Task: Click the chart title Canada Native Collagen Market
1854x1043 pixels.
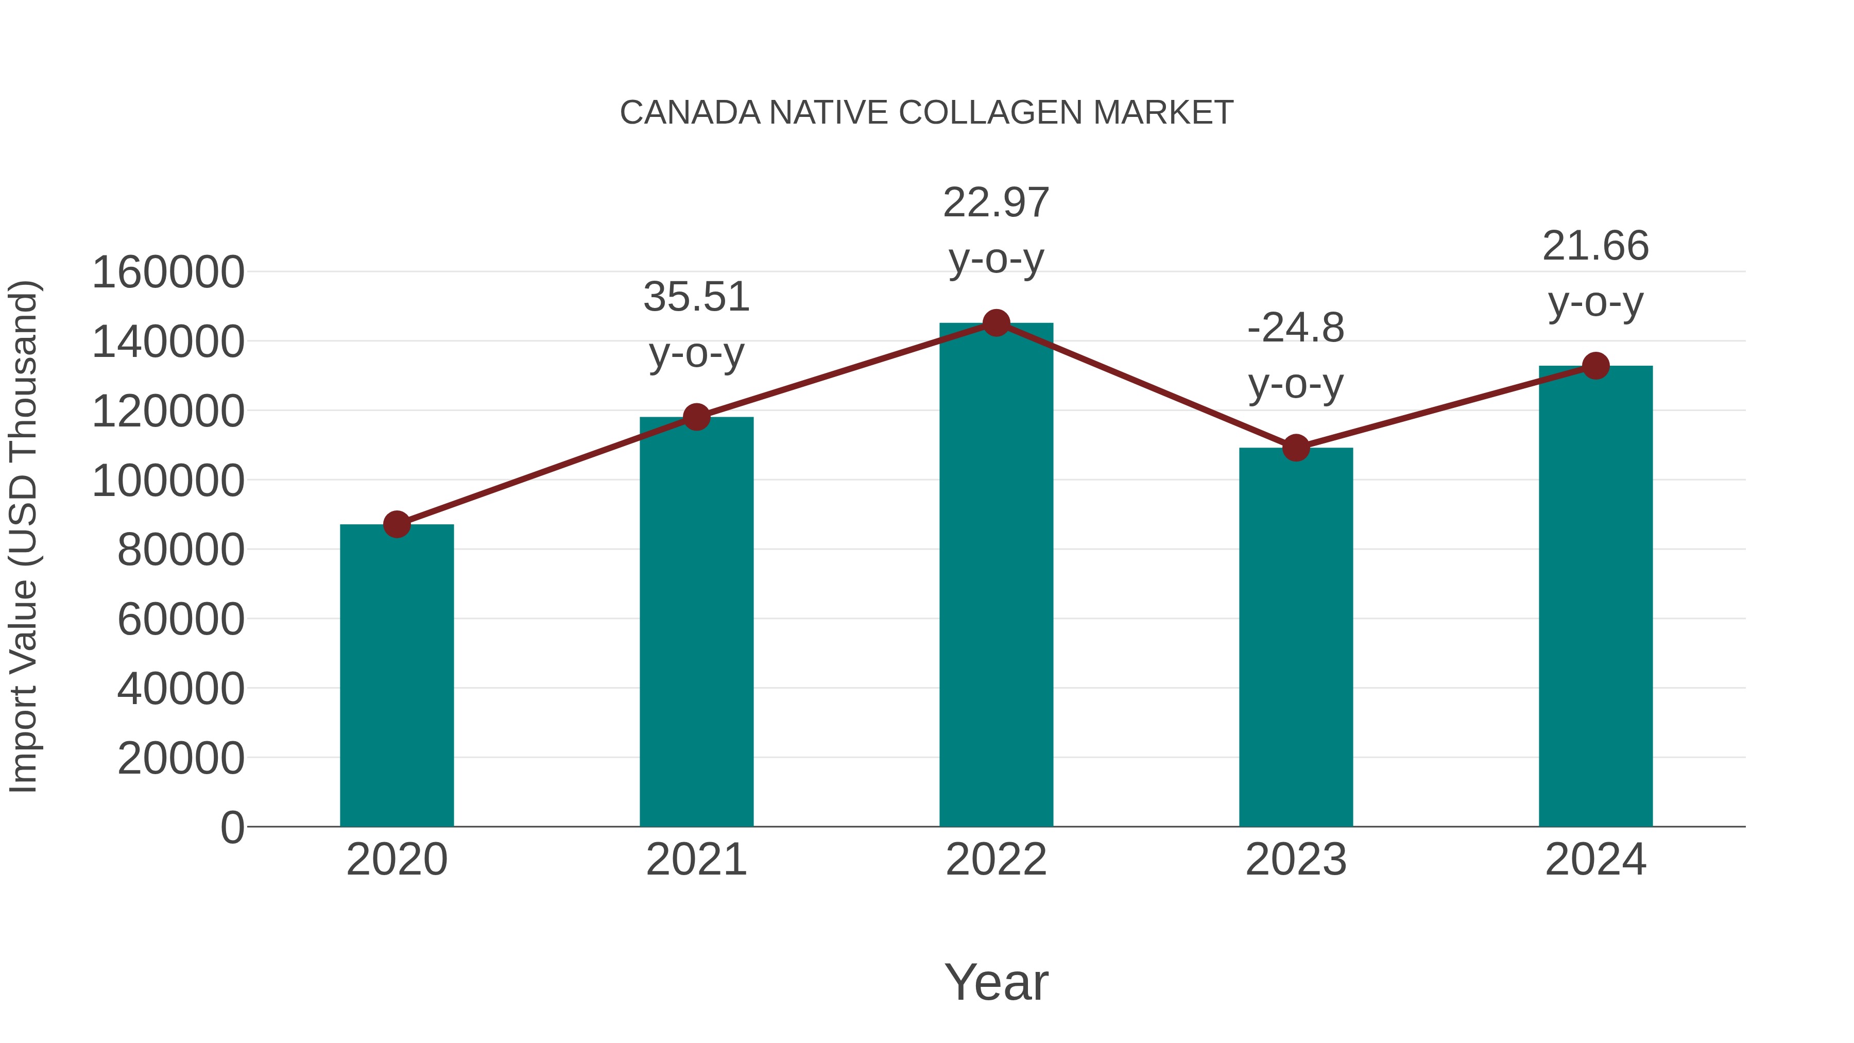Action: click(926, 113)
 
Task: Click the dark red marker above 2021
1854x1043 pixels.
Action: click(696, 416)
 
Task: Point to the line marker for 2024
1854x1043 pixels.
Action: click(1595, 366)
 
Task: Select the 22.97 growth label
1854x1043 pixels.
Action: click(996, 203)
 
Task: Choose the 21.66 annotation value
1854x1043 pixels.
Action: click(1595, 246)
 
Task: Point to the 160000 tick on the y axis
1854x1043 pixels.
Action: click(168, 273)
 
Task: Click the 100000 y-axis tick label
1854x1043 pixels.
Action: click(168, 481)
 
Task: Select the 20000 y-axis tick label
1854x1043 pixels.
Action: click(181, 759)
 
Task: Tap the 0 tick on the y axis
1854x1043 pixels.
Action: click(232, 828)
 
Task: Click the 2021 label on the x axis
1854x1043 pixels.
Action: click(696, 860)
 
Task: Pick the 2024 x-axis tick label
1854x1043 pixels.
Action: click(1595, 860)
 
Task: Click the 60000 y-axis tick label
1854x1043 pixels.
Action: click(181, 620)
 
